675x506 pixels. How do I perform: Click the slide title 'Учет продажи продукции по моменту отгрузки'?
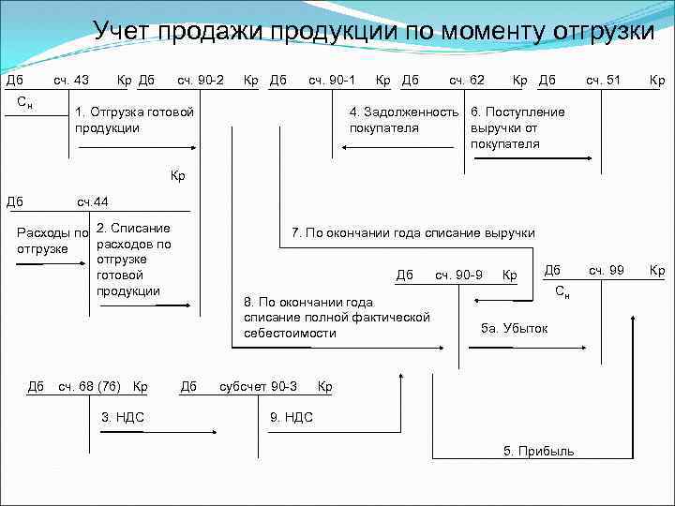[373, 31]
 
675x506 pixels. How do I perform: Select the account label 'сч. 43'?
[71, 81]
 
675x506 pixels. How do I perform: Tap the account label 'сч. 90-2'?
[201, 81]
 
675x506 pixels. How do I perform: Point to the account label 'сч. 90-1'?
[333, 81]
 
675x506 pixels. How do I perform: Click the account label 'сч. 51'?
[603, 81]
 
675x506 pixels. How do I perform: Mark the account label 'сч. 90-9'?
[458, 275]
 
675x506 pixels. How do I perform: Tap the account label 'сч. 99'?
[606, 271]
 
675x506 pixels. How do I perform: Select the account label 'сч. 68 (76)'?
[92, 386]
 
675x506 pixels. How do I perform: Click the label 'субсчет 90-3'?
[258, 386]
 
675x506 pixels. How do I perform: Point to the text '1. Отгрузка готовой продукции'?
[134, 120]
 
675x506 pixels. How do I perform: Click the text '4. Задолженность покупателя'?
[403, 120]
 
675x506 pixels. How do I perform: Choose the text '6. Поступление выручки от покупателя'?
[517, 127]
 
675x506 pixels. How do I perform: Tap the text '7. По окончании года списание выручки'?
[413, 232]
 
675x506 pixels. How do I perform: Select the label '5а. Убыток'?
[514, 329]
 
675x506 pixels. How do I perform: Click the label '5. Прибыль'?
[539, 452]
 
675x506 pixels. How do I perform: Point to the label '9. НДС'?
[292, 417]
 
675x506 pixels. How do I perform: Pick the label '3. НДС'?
[122, 417]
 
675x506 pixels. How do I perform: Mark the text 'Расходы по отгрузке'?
[53, 241]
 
